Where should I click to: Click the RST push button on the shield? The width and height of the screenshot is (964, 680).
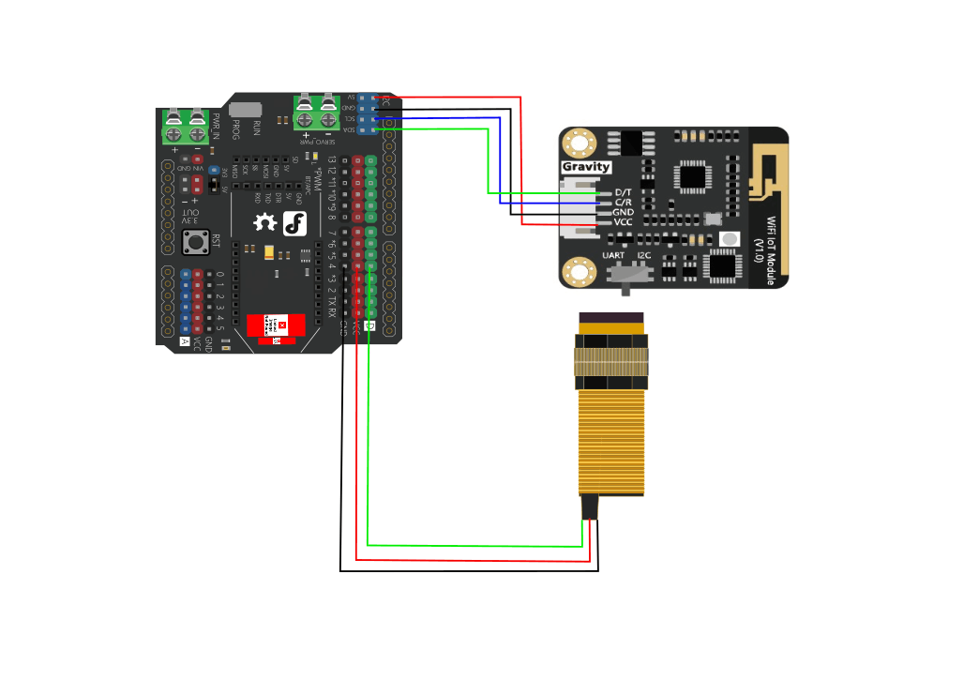coord(196,244)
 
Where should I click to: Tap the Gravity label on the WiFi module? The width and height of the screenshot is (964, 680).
coord(586,167)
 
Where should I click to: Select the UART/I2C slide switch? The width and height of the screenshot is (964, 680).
coord(630,273)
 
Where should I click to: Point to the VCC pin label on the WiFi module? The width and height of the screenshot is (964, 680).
coord(624,222)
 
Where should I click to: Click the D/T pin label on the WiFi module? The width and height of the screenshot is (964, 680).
coord(623,192)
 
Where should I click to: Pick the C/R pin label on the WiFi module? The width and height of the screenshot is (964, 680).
coord(623,203)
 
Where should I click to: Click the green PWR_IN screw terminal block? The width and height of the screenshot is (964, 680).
coord(186,127)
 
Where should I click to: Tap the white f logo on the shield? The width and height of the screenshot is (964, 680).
coord(295,223)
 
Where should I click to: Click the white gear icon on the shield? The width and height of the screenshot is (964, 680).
coord(266,223)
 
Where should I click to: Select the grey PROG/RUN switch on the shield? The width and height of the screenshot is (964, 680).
coord(246,110)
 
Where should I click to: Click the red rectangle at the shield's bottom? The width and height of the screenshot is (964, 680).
coord(276,326)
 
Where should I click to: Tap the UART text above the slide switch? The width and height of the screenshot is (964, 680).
coord(613,255)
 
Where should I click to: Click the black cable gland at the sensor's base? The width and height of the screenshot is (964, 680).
coord(590,506)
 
